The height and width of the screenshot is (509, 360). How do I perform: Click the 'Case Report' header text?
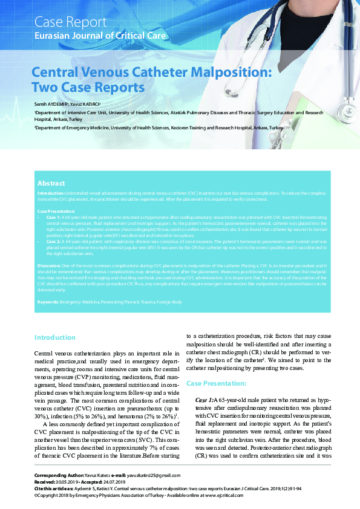click(69, 23)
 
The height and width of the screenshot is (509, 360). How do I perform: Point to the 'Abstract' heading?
click(51, 183)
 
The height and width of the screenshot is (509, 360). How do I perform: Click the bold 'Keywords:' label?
click(48, 301)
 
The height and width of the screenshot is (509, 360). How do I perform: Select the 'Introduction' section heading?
click(55, 337)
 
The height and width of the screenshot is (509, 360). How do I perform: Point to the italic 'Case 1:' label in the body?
click(205, 401)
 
